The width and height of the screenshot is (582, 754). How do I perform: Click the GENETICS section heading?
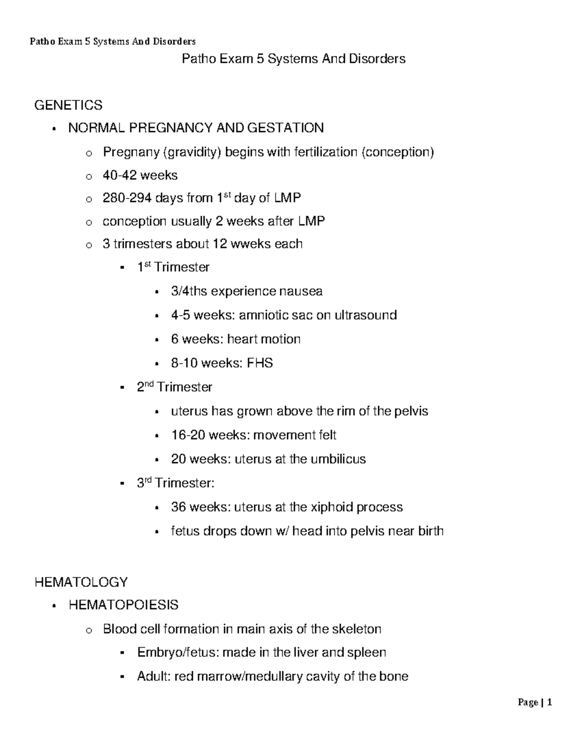pyautogui.click(x=68, y=105)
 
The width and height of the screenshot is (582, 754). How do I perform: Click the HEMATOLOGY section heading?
pyautogui.click(x=81, y=582)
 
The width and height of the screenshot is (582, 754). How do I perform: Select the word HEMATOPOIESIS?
pyautogui.click(x=123, y=605)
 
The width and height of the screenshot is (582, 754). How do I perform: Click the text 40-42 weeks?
pyautogui.click(x=140, y=175)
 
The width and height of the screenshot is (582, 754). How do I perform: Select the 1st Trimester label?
pyautogui.click(x=173, y=267)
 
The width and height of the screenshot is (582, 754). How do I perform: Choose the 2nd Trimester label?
pyautogui.click(x=175, y=387)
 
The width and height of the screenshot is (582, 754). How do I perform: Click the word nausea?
pyautogui.click(x=301, y=291)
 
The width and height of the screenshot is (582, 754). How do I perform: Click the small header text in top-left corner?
pyautogui.click(x=113, y=42)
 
